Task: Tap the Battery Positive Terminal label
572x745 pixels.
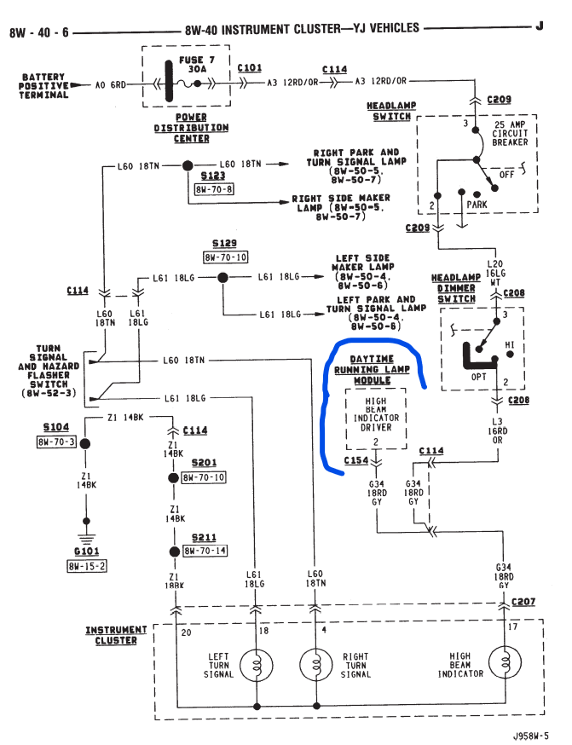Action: pyautogui.click(x=43, y=86)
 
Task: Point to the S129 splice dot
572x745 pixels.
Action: pyautogui.click(x=222, y=277)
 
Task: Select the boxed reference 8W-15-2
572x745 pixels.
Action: pyautogui.click(x=88, y=565)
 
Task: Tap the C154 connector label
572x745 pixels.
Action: pyautogui.click(x=356, y=460)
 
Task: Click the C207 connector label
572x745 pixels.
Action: pyautogui.click(x=523, y=601)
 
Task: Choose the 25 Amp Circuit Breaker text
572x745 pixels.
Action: pyautogui.click(x=511, y=132)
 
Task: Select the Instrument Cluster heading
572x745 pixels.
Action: pyautogui.click(x=116, y=635)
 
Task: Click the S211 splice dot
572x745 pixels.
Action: pyautogui.click(x=171, y=552)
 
